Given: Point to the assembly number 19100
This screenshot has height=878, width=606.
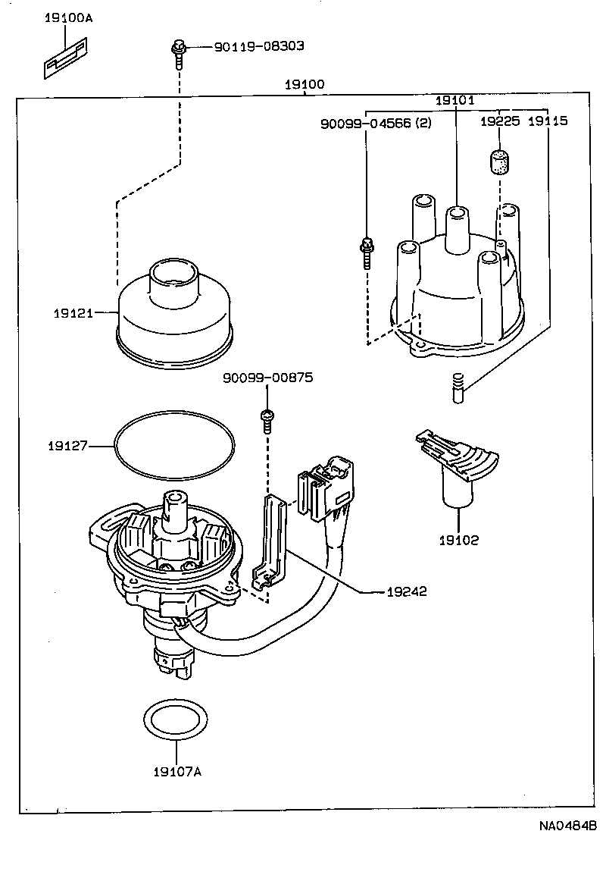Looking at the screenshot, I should [305, 84].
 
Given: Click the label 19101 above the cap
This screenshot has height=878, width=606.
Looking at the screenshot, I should [454, 100].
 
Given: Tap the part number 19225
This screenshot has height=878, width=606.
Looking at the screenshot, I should [500, 121].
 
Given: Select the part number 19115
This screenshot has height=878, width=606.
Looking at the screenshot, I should [548, 121].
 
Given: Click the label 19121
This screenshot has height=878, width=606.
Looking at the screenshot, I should [73, 312].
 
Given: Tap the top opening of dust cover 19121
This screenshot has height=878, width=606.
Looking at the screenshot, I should [173, 272].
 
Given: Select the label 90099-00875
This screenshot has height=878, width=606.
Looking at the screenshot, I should [267, 377].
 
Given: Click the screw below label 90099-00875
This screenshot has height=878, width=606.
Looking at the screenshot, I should [267, 420].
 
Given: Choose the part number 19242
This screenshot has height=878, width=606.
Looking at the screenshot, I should [405, 591].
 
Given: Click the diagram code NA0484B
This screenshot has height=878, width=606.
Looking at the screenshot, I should [568, 826].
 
